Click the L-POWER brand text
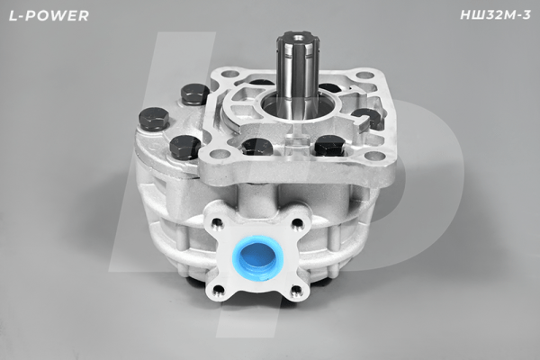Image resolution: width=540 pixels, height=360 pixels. (49, 15)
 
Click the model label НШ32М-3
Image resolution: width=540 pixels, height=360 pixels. (496, 15)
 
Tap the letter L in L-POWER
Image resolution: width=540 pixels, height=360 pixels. (13, 15)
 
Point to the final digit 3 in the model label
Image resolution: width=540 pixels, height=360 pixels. (526, 15)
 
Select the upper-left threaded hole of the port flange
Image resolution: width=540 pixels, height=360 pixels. (217, 222)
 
